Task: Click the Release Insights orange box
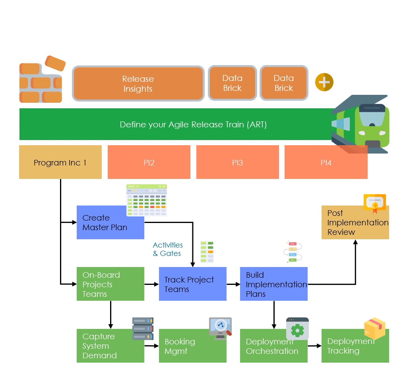[x=138, y=84]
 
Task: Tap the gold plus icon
[x=324, y=83]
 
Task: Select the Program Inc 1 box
[x=60, y=162]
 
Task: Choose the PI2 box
[x=149, y=162]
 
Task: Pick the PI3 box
[x=237, y=162]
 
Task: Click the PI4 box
[x=326, y=162]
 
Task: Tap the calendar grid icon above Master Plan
[x=146, y=200]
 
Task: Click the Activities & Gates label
[x=168, y=249]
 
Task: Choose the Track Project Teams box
[x=192, y=284]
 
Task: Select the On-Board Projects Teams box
[x=110, y=284]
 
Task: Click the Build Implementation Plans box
[x=273, y=284]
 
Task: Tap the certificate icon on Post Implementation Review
[x=374, y=203]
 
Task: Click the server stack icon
[x=143, y=329]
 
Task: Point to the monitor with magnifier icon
[x=220, y=328]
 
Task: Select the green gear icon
[x=297, y=329]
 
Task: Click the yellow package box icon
[x=374, y=328]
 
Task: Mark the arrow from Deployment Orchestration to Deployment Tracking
[x=314, y=346]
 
